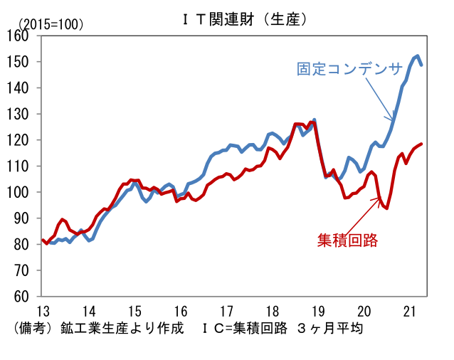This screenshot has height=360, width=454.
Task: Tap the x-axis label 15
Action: tap(134, 311)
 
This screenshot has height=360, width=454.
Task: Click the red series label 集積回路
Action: tap(347, 240)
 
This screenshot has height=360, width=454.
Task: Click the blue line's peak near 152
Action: tap(417, 55)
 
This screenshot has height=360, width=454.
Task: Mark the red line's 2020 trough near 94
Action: tap(386, 208)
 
